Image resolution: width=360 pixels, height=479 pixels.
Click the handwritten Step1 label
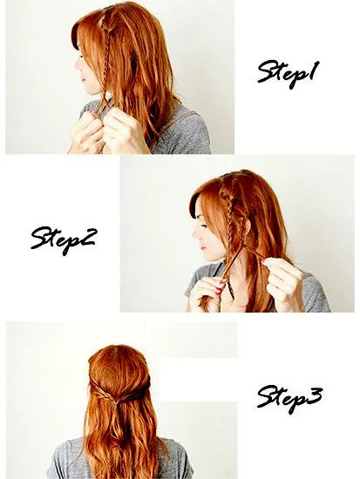[287, 74]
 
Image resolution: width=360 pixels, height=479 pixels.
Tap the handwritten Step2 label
[64, 240]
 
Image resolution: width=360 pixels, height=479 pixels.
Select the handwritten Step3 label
[289, 400]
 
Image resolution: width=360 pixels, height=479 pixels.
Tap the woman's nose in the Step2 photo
[195, 233]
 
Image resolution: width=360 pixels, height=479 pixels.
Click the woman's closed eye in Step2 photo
[204, 226]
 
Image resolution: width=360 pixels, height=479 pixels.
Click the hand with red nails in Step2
[204, 293]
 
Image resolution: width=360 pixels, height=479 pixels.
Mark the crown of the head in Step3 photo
[118, 351]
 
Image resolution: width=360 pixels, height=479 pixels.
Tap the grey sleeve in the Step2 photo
[316, 293]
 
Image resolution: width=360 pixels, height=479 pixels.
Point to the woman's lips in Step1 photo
[83, 79]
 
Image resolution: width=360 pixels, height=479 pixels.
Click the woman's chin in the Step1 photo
[89, 91]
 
